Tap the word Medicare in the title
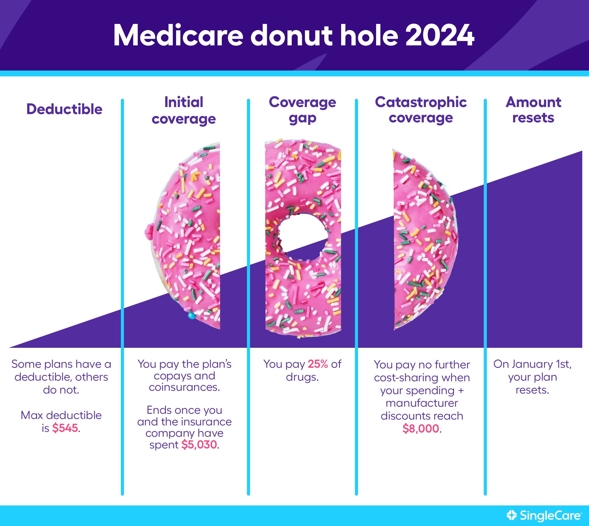pyautogui.click(x=178, y=35)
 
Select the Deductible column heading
pyautogui.click(x=64, y=109)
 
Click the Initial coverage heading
pyautogui.click(x=184, y=110)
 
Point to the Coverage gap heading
pyautogui.click(x=302, y=110)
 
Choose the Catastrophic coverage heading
pyautogui.click(x=421, y=110)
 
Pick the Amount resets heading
pyautogui.click(x=533, y=110)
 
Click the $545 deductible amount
pyautogui.click(x=65, y=428)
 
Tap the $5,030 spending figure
pyautogui.click(x=199, y=444)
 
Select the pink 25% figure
pyautogui.click(x=318, y=364)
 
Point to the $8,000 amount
pyautogui.click(x=421, y=428)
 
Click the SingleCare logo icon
pyautogui.click(x=511, y=515)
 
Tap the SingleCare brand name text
pyautogui.click(x=550, y=515)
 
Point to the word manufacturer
pyautogui.click(x=422, y=403)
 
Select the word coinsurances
pyautogui.click(x=184, y=387)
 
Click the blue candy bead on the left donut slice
pyautogui.click(x=191, y=315)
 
